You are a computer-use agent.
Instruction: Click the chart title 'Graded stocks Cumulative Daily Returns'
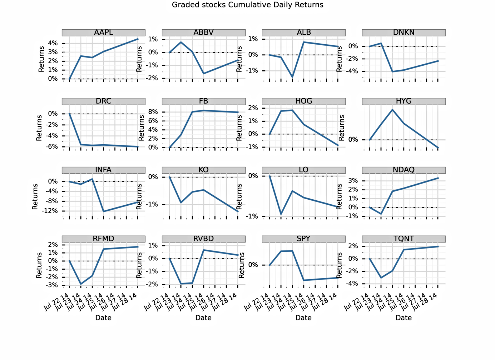click(x=247, y=5)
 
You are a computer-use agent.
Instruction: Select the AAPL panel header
click(x=103, y=33)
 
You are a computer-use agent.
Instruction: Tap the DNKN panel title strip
click(x=403, y=33)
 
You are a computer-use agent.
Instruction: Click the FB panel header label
click(x=203, y=101)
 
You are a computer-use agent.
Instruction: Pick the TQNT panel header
click(x=403, y=239)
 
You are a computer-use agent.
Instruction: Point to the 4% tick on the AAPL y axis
click(x=53, y=43)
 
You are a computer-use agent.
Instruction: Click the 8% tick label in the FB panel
click(x=153, y=112)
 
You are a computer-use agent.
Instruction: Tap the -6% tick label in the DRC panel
click(x=52, y=147)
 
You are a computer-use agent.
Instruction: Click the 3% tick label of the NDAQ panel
click(x=353, y=181)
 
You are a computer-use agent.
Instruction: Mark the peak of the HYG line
click(x=392, y=110)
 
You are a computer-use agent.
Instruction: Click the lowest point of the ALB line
click(x=292, y=77)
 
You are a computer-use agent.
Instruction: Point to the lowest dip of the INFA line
click(x=104, y=211)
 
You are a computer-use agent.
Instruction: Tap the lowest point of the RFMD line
click(x=81, y=284)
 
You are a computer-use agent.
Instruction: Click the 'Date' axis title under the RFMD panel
click(x=103, y=318)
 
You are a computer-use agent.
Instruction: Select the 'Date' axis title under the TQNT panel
click(x=403, y=318)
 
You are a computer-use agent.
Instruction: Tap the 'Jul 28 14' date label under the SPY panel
click(x=325, y=302)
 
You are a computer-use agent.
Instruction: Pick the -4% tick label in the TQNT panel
click(x=353, y=284)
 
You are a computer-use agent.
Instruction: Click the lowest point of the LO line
click(x=281, y=214)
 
